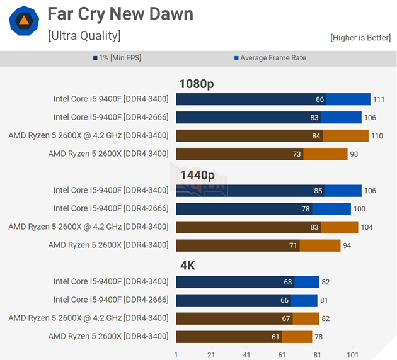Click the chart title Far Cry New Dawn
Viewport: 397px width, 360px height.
pyautogui.click(x=120, y=14)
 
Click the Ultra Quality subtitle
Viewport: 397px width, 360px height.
pyautogui.click(x=84, y=35)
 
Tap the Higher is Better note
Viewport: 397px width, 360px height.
pyautogui.click(x=360, y=38)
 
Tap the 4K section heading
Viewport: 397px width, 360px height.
pyautogui.click(x=187, y=266)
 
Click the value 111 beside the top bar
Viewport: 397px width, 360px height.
pyautogui.click(x=378, y=99)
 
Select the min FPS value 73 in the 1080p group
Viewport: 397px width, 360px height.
pyautogui.click(x=297, y=154)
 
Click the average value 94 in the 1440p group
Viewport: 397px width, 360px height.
pyautogui.click(x=347, y=245)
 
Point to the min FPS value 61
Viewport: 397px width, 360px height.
pyautogui.click(x=275, y=337)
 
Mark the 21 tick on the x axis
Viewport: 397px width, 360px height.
pyautogui.click(x=211, y=355)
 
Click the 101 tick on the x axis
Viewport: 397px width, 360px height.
pyautogui.click(x=352, y=355)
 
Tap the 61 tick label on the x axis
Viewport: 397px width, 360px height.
pyautogui.click(x=282, y=355)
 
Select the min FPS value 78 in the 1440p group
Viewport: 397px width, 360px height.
pyautogui.click(x=306, y=209)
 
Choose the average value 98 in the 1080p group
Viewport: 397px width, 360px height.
pyautogui.click(x=354, y=154)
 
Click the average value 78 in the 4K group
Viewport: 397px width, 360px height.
pyautogui.click(x=319, y=337)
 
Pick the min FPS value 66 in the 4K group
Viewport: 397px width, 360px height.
pyautogui.click(x=285, y=300)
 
